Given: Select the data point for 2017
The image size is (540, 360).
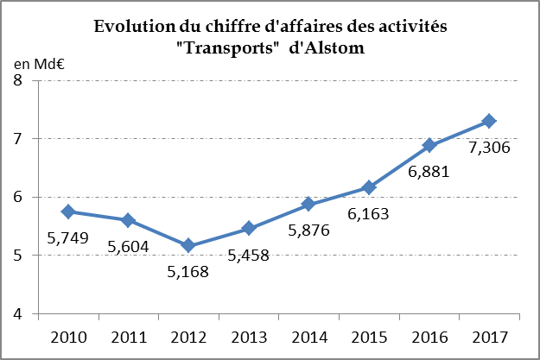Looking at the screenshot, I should pos(489,121).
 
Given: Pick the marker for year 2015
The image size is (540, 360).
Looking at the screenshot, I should pos(369,187).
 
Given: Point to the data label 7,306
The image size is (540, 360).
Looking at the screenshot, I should pos(489,148).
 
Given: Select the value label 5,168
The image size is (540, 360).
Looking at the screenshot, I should pos(187,271).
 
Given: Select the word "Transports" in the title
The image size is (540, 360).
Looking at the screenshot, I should pos(226,47).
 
